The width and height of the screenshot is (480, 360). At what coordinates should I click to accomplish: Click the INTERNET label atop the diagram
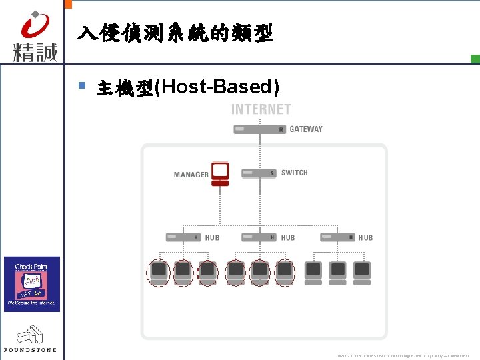261,109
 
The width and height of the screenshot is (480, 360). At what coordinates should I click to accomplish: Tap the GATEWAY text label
306,129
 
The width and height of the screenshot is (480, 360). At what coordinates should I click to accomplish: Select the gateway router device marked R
260,129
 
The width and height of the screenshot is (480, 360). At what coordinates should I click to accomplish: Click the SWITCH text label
294,173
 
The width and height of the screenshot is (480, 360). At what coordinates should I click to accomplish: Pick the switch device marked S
259,173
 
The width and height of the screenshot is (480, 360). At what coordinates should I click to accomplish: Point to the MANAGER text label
191,175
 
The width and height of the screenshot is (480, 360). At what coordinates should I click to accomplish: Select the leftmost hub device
183,237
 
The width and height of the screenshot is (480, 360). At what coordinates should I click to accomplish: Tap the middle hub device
259,237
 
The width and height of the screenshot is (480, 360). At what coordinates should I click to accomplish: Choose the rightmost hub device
337,237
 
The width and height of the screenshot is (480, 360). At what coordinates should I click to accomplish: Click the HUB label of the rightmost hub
365,238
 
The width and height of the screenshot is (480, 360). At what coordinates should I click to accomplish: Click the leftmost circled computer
159,273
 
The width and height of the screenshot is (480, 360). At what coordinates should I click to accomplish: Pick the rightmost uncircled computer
362,272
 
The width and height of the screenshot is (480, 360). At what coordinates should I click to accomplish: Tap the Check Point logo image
32,284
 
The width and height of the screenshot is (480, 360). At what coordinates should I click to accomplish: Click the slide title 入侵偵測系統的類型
175,33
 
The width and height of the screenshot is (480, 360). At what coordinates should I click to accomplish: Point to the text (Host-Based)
217,87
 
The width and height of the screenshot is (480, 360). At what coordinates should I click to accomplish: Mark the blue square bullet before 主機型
82,85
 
